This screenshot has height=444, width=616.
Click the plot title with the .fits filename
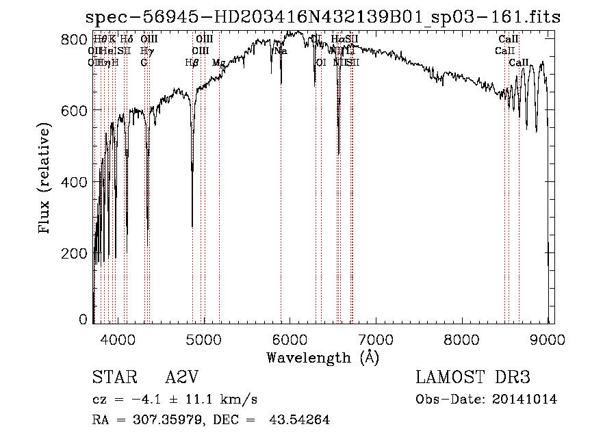pos(323,18)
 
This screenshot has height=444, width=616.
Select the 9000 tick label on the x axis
pos(549,339)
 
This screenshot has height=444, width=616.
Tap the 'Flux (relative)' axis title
pos(46,179)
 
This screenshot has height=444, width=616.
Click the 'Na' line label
pos(280,51)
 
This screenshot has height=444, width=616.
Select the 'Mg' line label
pos(218,62)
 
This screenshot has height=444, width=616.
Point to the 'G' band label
pos(144,62)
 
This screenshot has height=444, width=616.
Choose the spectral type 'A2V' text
pos(181,378)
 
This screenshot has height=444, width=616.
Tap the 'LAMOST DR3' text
pos(472,378)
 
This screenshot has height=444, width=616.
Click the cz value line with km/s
pos(175,400)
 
